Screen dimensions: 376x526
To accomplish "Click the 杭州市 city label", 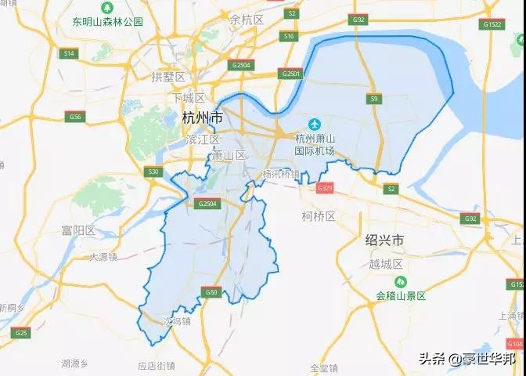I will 201,118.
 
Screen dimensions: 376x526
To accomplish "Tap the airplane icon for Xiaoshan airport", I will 315,124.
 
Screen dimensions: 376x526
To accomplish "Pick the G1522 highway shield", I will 492,25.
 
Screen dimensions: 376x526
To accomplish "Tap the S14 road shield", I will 69,53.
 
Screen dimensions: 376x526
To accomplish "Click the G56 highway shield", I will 75,117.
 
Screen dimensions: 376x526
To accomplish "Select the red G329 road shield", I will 325,189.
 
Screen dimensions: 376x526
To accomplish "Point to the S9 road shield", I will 374,99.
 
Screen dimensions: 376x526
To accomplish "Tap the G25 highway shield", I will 21,334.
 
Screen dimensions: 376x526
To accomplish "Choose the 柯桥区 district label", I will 319,215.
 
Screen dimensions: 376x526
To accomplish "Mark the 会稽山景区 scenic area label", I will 400,295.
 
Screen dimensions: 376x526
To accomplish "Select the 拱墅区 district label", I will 168,77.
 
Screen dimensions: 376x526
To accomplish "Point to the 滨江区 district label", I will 203,139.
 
